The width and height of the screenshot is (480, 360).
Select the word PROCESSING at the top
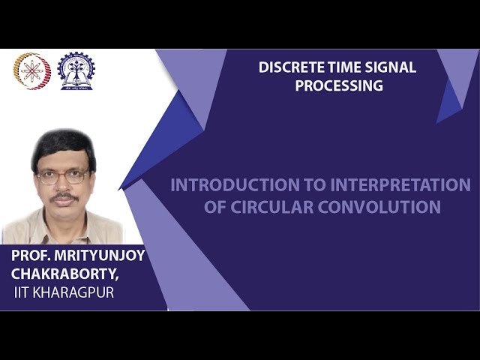(338, 85)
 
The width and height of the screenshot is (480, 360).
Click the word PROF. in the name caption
(32, 256)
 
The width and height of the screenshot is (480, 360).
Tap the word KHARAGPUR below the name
(77, 292)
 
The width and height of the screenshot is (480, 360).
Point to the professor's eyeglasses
(63, 177)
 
